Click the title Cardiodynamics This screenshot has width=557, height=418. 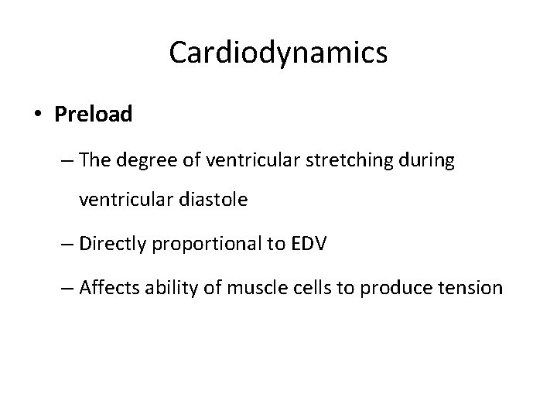point(278,53)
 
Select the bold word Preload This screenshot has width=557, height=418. point(94,115)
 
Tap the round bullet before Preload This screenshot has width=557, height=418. point(38,115)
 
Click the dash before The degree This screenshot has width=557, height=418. point(66,161)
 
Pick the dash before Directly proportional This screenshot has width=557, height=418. point(66,245)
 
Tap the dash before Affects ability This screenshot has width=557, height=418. point(66,289)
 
